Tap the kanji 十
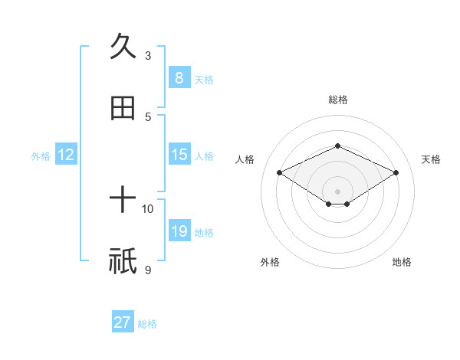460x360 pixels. [x=123, y=201]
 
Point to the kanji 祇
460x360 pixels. [x=123, y=262]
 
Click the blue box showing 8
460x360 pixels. [x=179, y=77]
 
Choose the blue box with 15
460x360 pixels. [x=179, y=155]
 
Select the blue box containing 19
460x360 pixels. [x=179, y=231]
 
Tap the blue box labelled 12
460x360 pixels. [x=66, y=155]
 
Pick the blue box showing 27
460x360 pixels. [x=123, y=322]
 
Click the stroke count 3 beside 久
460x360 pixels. [x=148, y=55]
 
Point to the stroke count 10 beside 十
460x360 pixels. [x=148, y=208]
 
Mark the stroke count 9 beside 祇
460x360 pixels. [x=148, y=270]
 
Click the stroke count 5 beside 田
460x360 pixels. [x=148, y=116]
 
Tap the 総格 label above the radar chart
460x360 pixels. [x=337, y=100]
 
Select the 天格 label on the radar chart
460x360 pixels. [x=431, y=159]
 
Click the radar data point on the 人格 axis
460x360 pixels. [x=280, y=172]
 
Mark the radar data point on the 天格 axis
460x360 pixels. [x=396, y=172]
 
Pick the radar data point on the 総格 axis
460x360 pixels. [x=337, y=146]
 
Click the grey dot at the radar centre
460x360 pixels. [x=337, y=191]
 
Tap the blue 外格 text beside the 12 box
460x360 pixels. [x=41, y=155]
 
